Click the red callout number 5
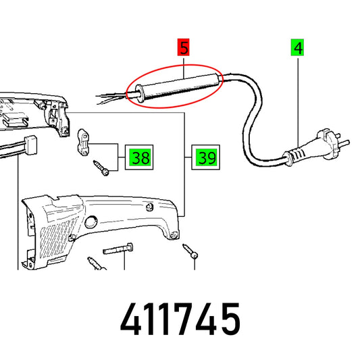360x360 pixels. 183,47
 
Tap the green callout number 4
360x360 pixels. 298,47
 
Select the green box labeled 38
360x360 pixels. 140,157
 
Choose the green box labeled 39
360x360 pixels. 206,157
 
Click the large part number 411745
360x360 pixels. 180,319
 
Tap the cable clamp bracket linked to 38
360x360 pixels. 83,143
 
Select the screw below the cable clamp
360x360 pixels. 101,168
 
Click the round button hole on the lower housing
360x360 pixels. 91,222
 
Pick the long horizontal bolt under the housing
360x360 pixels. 118,249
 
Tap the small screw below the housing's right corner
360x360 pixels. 190,251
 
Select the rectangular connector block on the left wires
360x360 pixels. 31,145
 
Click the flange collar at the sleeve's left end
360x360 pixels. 139,93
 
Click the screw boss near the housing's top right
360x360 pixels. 149,207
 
